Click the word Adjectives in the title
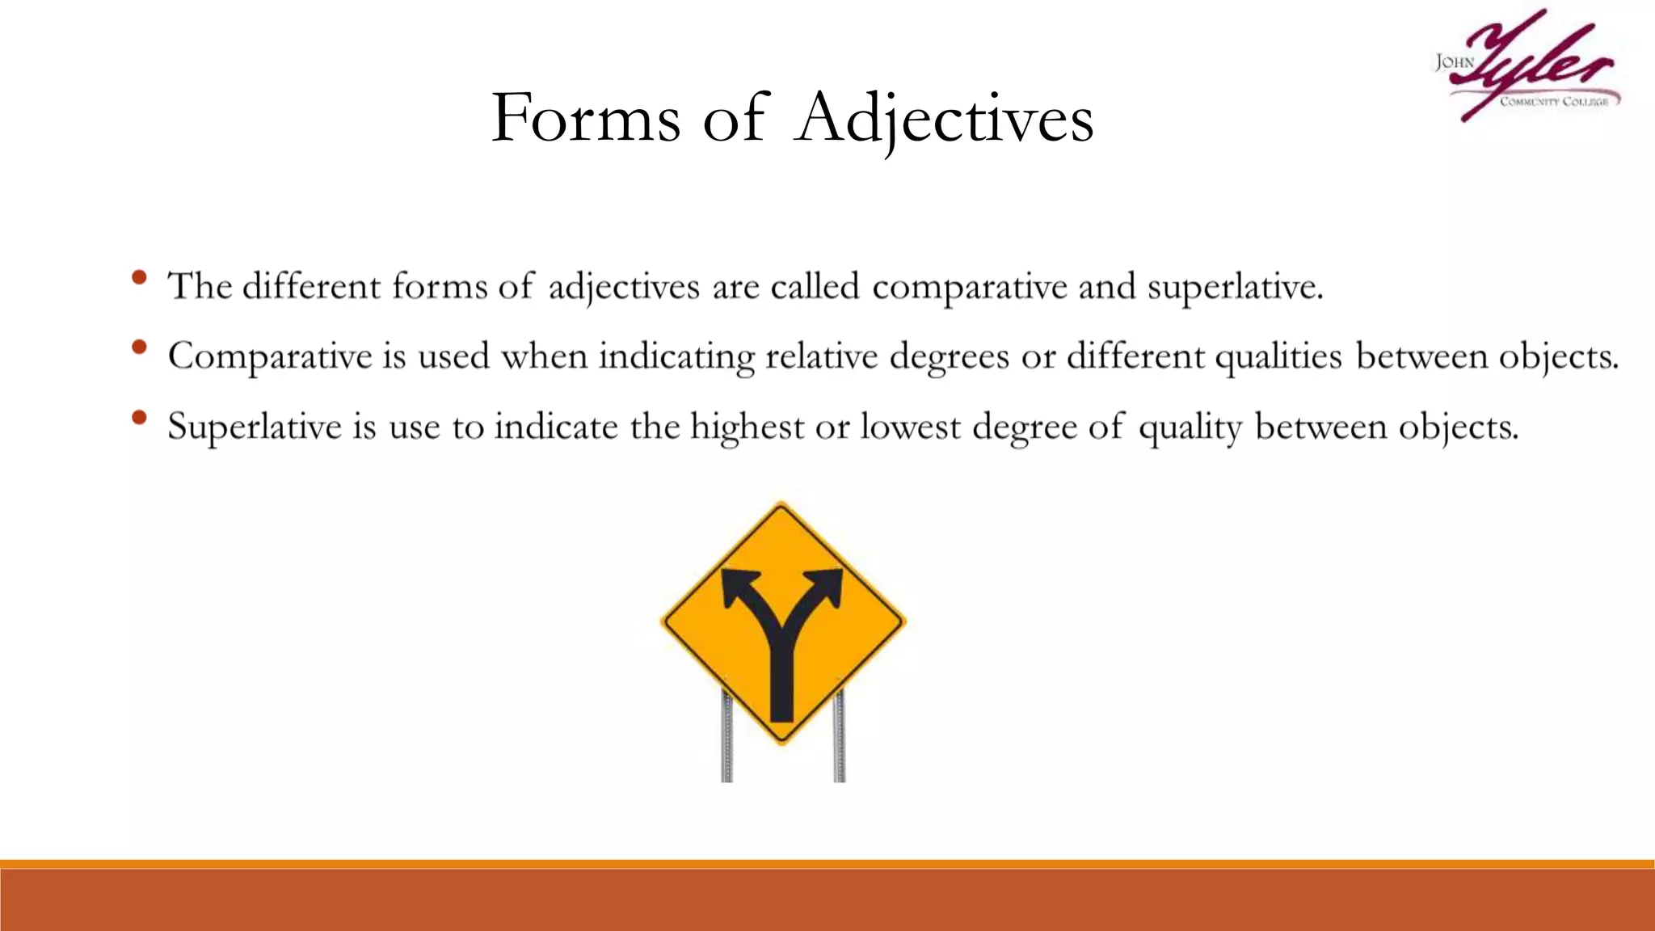pyautogui.click(x=944, y=118)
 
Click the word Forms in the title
pyautogui.click(x=586, y=118)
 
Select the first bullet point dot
pyautogui.click(x=139, y=277)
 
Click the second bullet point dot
pyautogui.click(x=139, y=348)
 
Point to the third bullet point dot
pyautogui.click(x=139, y=418)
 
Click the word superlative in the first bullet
pyautogui.click(x=1235, y=287)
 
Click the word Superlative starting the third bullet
pyautogui.click(x=255, y=427)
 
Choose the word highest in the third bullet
pyautogui.click(x=747, y=427)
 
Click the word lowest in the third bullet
pyautogui.click(x=910, y=427)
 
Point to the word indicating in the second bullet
pyautogui.click(x=676, y=356)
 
